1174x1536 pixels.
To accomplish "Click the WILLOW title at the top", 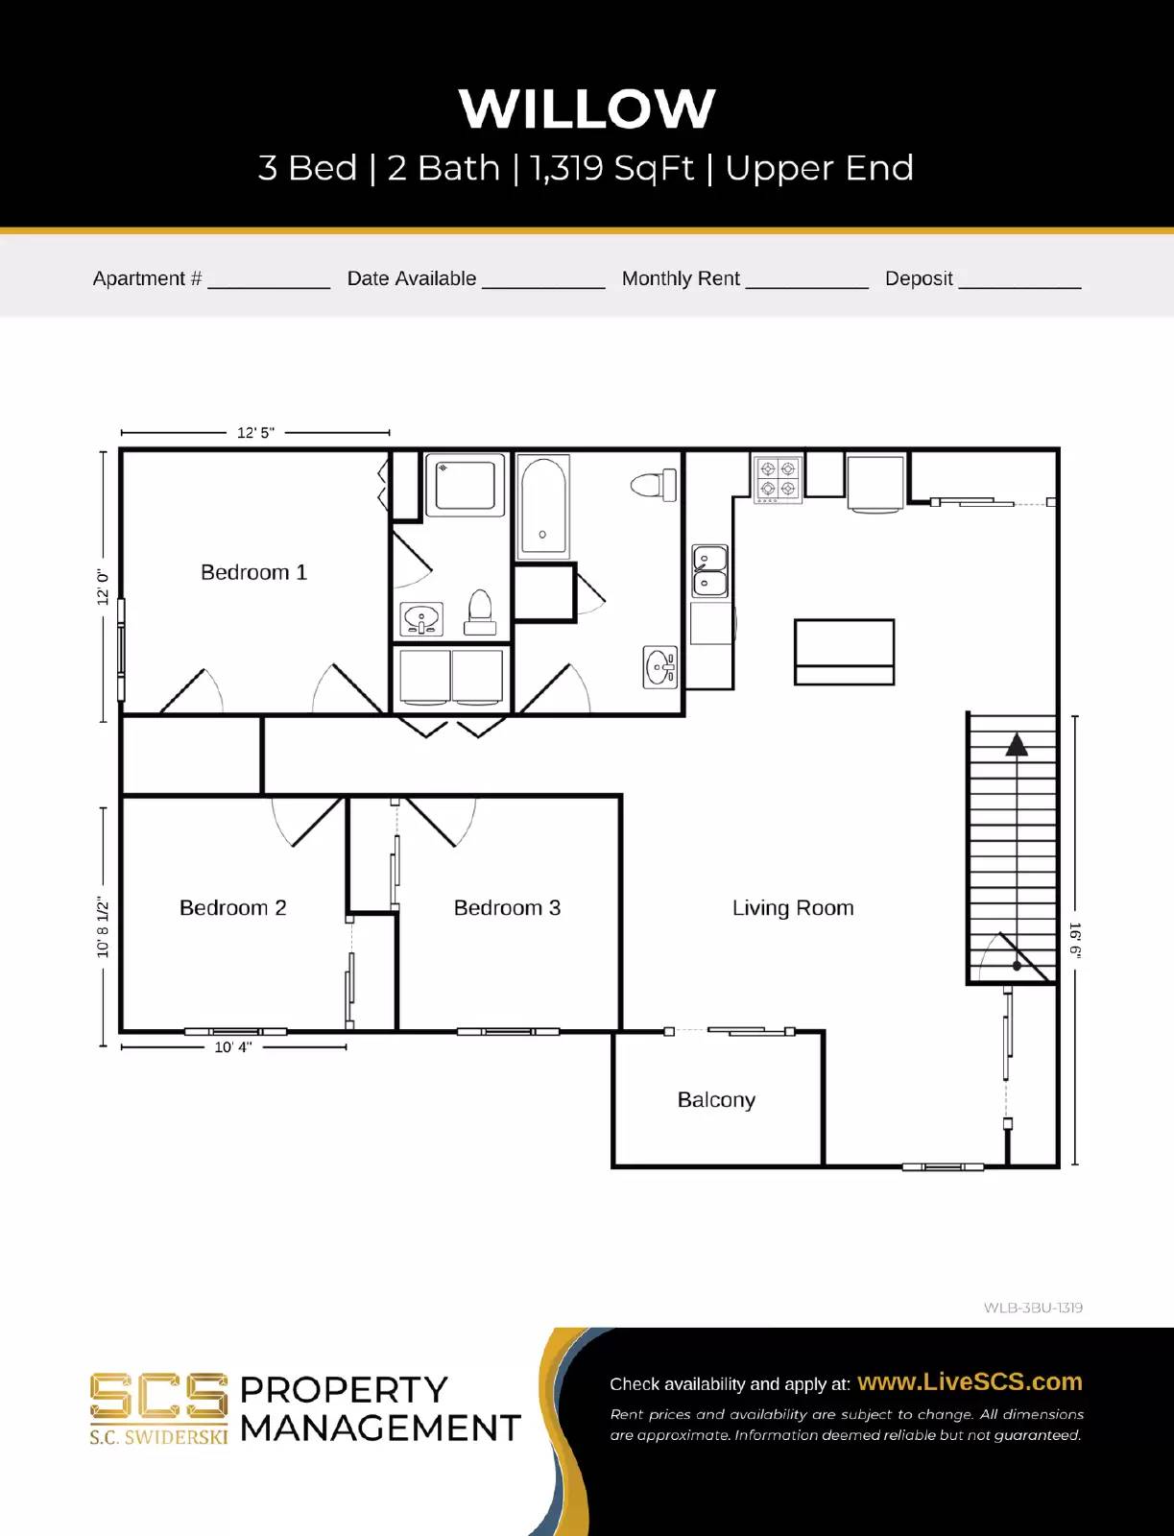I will (587, 108).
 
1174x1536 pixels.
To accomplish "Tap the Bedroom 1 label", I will (253, 572).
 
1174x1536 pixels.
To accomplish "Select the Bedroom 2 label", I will (232, 908).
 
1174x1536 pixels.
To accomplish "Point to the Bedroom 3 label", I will (507, 908).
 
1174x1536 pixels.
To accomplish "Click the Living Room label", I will (793, 908).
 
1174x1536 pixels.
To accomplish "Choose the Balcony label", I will (716, 1100).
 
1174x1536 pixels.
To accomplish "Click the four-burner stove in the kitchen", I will (778, 479).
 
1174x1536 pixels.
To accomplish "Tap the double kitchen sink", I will (710, 570).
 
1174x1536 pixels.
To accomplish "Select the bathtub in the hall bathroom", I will (543, 507).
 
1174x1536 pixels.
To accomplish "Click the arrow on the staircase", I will (1017, 744).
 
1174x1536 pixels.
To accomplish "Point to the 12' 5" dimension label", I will (255, 433).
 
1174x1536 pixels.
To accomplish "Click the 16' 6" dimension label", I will (1075, 941).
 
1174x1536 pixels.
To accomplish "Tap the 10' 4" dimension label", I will (232, 1047).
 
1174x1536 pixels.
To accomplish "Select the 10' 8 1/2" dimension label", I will (103, 927).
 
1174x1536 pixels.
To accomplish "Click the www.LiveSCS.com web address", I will (970, 1382).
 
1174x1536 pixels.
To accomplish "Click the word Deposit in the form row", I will (919, 278).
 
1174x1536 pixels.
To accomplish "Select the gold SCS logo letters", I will (158, 1398).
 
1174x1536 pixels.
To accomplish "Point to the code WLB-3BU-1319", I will (1033, 1308).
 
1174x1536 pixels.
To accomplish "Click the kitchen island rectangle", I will (844, 652).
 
